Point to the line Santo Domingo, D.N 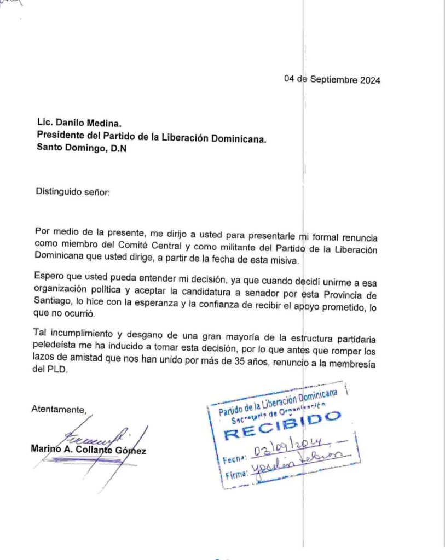point(82,148)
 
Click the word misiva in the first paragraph point(282,260)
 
